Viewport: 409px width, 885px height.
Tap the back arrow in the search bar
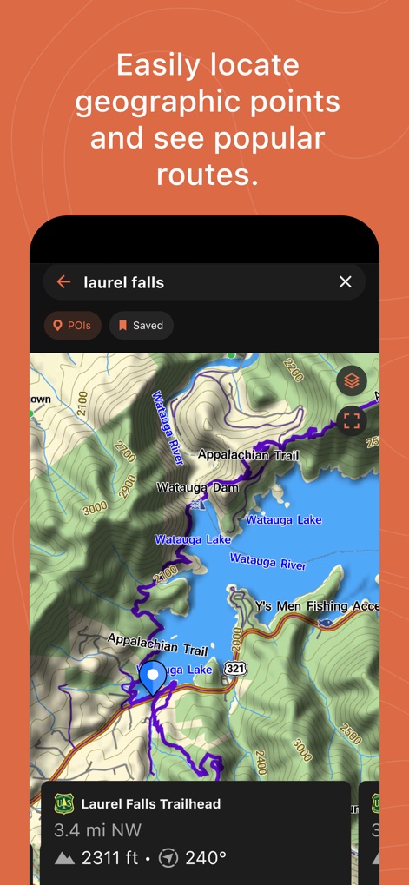[x=63, y=281]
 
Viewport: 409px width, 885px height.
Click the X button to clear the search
[x=345, y=281]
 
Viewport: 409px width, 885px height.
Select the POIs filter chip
[x=73, y=326]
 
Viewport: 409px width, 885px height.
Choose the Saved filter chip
[x=141, y=326]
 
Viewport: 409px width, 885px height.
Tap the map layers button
[x=351, y=380]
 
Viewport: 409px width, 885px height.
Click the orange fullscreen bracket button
[x=351, y=421]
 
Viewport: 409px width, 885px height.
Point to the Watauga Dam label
[x=197, y=487]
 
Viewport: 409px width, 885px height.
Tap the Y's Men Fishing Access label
[x=316, y=605]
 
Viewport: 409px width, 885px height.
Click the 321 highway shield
[x=234, y=668]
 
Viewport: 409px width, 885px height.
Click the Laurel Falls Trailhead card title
[x=151, y=804]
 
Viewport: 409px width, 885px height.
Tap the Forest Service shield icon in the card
[x=64, y=803]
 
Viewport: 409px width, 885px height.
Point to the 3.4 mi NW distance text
[x=90, y=830]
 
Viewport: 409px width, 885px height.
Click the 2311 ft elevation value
[x=109, y=858]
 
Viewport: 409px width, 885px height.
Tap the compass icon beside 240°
[x=168, y=858]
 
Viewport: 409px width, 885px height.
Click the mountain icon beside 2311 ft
[x=64, y=858]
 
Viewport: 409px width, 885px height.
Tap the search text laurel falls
[x=123, y=281]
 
